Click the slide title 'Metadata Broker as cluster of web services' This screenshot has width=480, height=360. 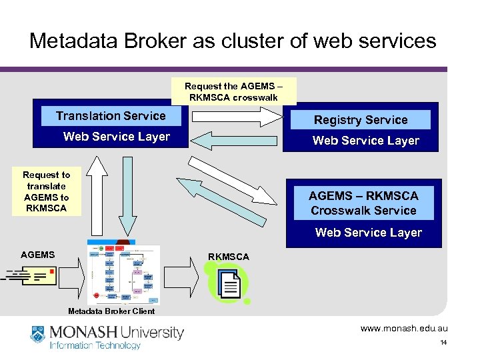(233, 41)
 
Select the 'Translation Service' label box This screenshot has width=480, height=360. (111, 116)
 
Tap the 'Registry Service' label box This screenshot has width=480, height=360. (361, 120)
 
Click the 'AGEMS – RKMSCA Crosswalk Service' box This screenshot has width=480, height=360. (363, 203)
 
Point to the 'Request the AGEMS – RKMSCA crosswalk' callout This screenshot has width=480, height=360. (233, 91)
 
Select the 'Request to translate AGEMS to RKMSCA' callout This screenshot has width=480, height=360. (47, 191)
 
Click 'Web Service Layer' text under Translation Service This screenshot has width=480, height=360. (116, 137)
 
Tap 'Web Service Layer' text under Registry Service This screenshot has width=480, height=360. (365, 141)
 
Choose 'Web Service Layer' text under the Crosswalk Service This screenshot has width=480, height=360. (368, 233)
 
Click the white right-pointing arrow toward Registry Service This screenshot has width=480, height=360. (237, 117)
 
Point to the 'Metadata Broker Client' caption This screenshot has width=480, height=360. (111, 311)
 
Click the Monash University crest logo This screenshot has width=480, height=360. (39, 335)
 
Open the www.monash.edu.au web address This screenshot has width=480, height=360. (404, 329)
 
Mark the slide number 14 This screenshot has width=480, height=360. (443, 343)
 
